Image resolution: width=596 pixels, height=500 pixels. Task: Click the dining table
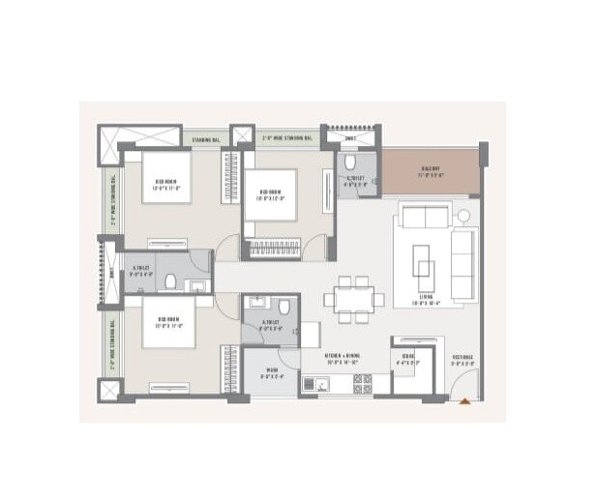click(350, 296)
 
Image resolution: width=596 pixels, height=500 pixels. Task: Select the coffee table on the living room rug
click(424, 259)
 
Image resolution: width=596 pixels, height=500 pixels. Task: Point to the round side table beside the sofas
click(463, 215)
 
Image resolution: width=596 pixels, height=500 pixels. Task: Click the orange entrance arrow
click(466, 399)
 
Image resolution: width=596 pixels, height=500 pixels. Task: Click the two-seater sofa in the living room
click(423, 216)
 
